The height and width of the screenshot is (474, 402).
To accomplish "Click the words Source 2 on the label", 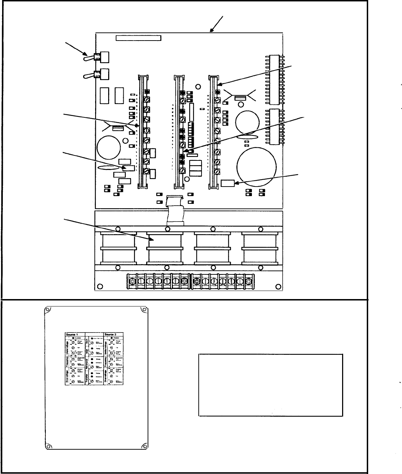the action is pos(112,334).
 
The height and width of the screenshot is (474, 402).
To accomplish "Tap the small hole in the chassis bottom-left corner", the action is pos(100,286).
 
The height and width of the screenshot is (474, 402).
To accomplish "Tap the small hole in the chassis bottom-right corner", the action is pos(278,286).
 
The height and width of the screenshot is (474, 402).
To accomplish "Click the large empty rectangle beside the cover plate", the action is pos(271,385).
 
